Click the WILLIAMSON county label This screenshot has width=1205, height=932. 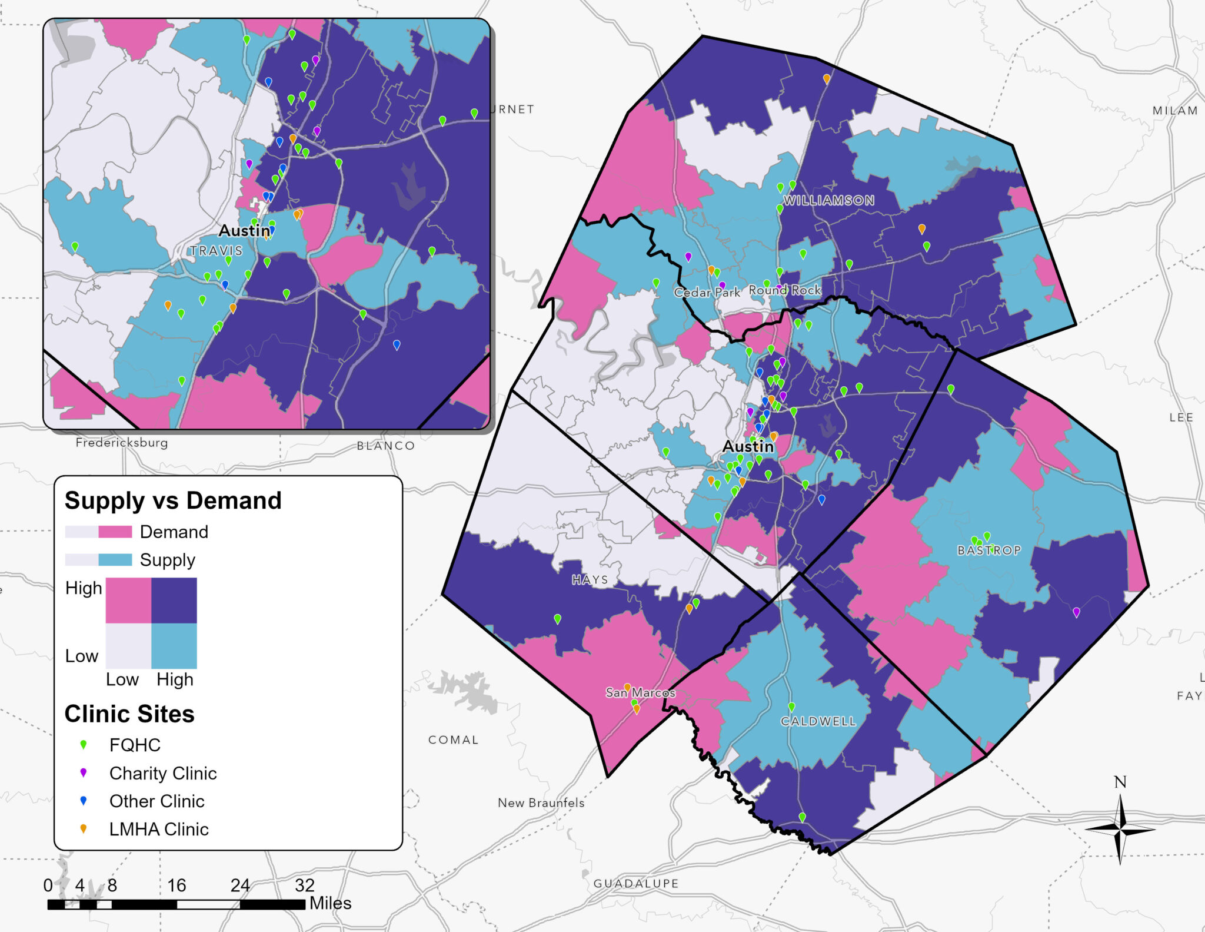click(828, 200)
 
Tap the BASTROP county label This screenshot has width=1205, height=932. click(989, 550)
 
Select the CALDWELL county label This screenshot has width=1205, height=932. click(818, 721)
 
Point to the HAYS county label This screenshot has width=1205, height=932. click(590, 580)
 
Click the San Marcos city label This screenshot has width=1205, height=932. click(640, 693)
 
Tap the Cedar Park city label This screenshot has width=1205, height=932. click(707, 292)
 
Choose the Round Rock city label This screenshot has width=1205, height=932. click(784, 290)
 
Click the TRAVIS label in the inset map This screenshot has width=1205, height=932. click(216, 251)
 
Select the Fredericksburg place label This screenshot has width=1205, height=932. click(122, 443)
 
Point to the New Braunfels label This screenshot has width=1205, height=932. click(541, 802)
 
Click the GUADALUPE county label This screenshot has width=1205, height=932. click(635, 883)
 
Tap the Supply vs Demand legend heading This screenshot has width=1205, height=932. click(173, 500)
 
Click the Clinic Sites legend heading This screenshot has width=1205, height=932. click(129, 714)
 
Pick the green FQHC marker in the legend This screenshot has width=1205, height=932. click(84, 745)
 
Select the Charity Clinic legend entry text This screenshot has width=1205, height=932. click(163, 773)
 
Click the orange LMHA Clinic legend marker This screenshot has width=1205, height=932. click(84, 828)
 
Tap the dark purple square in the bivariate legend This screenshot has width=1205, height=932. click(174, 600)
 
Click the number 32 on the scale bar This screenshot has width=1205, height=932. click(304, 885)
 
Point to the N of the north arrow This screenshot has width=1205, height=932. click(1120, 782)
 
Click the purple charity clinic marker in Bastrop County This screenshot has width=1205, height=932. click(1076, 612)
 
